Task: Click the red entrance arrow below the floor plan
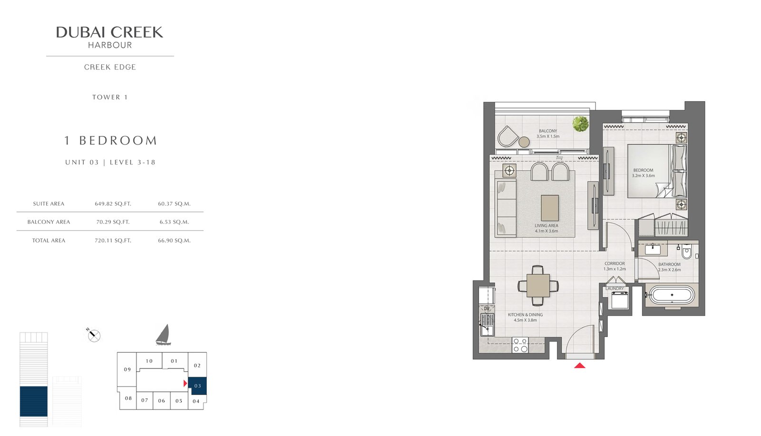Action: pyautogui.click(x=579, y=365)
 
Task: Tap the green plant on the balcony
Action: pyautogui.click(x=580, y=124)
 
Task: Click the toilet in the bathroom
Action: pyautogui.click(x=686, y=252)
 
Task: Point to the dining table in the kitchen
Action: pyautogui.click(x=538, y=286)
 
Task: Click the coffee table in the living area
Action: pyautogui.click(x=550, y=208)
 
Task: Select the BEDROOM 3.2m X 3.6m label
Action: pyautogui.click(x=643, y=173)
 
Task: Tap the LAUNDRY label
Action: pyautogui.click(x=615, y=289)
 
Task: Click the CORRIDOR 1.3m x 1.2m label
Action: pyautogui.click(x=615, y=266)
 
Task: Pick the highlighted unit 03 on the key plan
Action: pyautogui.click(x=197, y=386)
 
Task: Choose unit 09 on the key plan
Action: pyautogui.click(x=127, y=369)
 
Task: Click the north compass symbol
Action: pyautogui.click(x=94, y=336)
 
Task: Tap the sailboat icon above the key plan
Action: pyautogui.click(x=163, y=335)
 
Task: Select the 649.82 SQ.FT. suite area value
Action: pyautogui.click(x=113, y=203)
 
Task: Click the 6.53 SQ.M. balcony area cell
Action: pyautogui.click(x=174, y=222)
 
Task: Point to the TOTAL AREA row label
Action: pyautogui.click(x=49, y=241)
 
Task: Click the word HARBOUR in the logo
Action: pyautogui.click(x=110, y=46)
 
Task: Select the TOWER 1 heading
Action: pyautogui.click(x=110, y=97)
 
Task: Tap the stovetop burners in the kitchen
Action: pyautogui.click(x=520, y=345)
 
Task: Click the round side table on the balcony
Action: pyautogui.click(x=524, y=142)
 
